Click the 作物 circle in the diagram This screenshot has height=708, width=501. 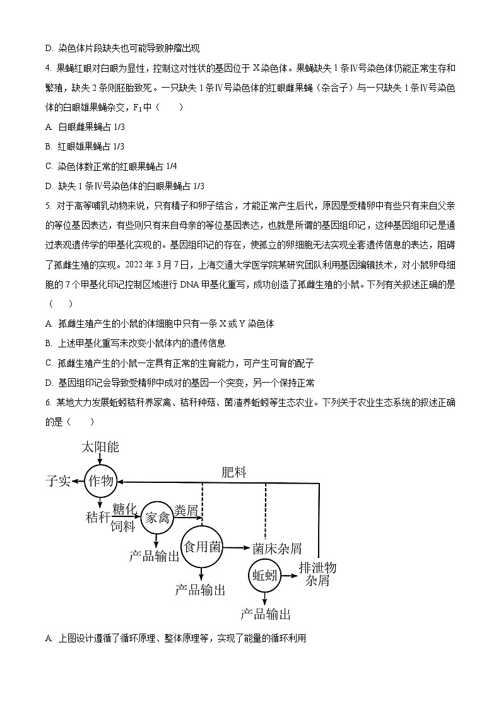(101, 482)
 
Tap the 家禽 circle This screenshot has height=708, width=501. (157, 518)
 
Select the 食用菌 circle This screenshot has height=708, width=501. (202, 547)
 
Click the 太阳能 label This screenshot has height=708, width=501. (100, 448)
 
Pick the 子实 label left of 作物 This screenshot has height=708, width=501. (58, 482)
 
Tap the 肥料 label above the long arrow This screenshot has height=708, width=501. (233, 472)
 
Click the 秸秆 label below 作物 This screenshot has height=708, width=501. (97, 518)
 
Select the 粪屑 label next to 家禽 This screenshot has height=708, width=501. (187, 510)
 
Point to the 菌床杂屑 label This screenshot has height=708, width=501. (276, 548)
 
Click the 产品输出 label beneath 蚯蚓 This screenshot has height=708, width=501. (266, 614)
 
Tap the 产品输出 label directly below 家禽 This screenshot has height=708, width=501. (155, 555)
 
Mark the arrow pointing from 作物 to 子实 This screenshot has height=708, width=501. (78, 482)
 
